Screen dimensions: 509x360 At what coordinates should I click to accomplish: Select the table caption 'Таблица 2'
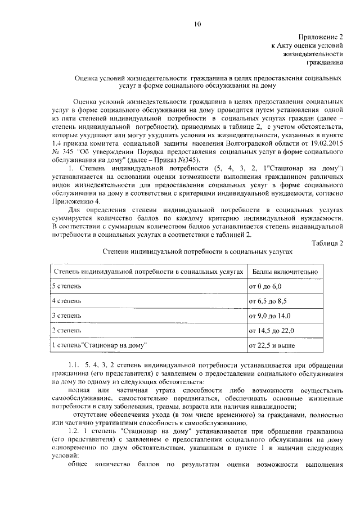pos(328,242)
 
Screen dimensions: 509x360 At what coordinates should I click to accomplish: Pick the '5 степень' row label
pos(66,286)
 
